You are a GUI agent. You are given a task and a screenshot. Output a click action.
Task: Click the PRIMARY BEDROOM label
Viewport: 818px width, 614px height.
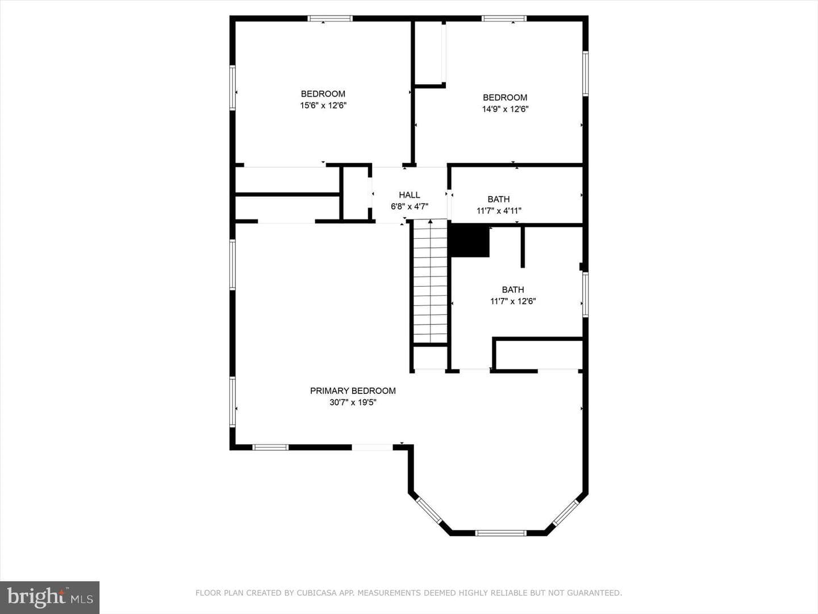[353, 391]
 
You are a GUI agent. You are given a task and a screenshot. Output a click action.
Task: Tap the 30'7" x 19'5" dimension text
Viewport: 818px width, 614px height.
[353, 403]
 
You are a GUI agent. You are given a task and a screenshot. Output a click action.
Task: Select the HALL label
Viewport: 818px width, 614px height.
[410, 194]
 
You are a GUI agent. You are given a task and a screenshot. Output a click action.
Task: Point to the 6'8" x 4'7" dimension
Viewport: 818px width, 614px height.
[410, 206]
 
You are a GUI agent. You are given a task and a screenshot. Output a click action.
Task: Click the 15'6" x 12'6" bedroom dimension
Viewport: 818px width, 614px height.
[323, 106]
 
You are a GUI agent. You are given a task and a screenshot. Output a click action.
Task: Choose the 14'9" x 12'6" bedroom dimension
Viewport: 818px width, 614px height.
[506, 109]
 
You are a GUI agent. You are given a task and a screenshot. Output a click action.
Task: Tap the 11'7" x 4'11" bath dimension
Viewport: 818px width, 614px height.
[499, 210]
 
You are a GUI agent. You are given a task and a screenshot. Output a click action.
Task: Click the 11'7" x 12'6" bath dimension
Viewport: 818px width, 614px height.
[513, 301]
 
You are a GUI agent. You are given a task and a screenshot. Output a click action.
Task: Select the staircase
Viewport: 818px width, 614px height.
[431, 281]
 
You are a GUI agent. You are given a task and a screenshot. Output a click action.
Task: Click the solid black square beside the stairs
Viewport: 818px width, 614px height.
[470, 241]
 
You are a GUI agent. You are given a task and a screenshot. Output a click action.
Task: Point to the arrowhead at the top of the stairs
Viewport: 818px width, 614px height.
[431, 222]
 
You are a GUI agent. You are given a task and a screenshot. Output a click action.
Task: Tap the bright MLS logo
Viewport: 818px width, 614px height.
[49, 597]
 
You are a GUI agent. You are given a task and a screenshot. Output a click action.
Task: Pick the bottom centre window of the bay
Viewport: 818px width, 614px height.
[501, 533]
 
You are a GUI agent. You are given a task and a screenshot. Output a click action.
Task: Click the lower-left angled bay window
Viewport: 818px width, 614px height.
[429, 511]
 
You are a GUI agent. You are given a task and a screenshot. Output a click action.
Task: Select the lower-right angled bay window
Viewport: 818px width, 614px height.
[566, 513]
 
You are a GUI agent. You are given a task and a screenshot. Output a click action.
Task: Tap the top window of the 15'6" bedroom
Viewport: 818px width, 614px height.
[330, 18]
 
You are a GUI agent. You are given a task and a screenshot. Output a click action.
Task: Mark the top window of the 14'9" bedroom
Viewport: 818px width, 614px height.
[504, 18]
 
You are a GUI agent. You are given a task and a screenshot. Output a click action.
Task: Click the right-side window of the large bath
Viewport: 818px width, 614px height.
[586, 295]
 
